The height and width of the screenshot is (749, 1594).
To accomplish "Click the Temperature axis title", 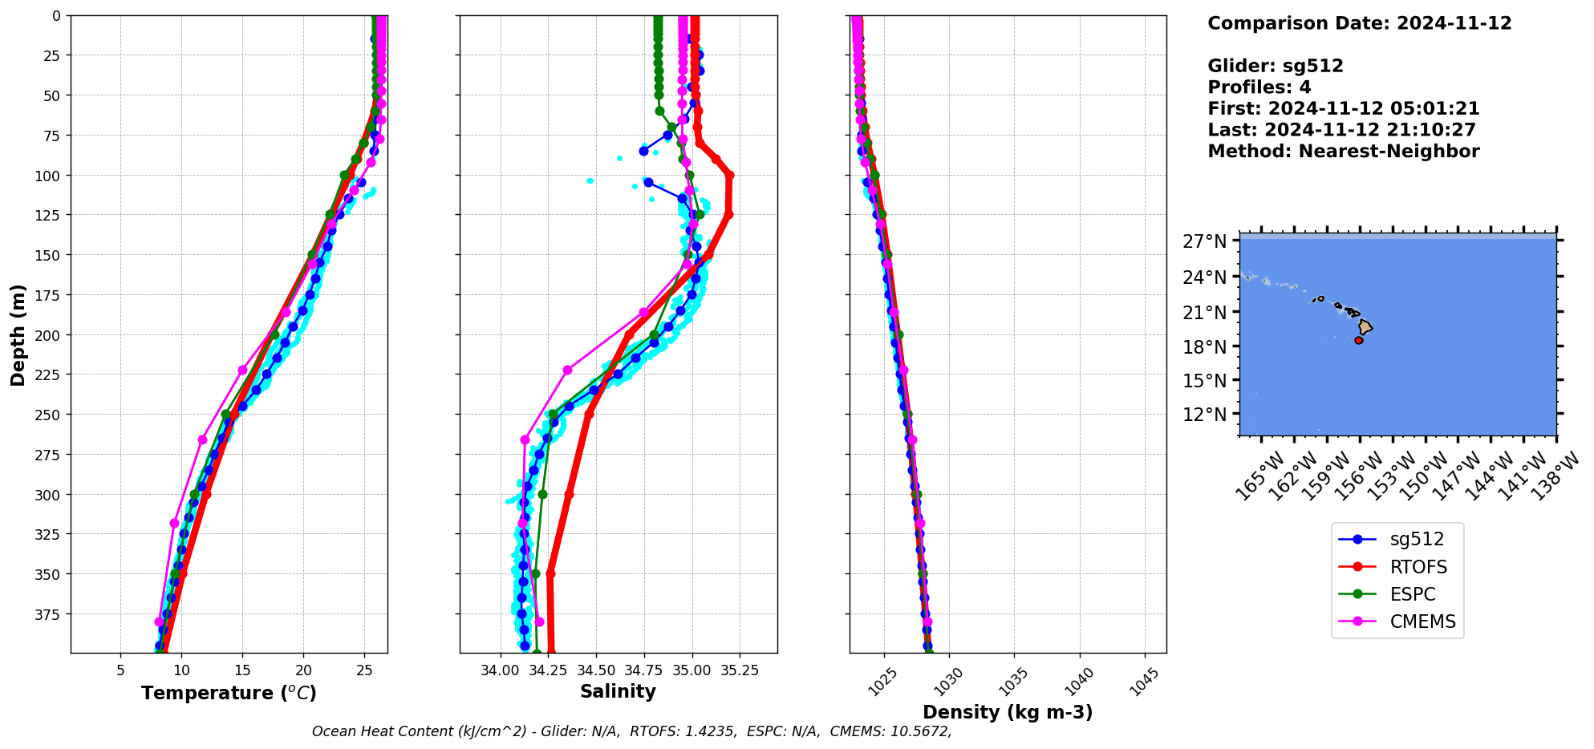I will click(x=229, y=693).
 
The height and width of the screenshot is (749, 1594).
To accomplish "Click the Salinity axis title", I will click(x=618, y=691).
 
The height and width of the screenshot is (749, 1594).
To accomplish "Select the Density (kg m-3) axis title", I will click(x=1008, y=712).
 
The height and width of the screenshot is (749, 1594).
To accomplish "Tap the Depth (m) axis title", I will click(x=18, y=334).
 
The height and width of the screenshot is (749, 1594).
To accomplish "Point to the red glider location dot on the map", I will click(x=1359, y=340).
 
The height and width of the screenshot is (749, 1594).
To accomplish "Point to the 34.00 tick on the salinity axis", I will click(x=501, y=670).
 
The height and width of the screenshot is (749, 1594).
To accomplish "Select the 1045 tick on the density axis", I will click(x=1144, y=682).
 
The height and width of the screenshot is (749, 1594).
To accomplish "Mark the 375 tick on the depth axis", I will click(x=50, y=614).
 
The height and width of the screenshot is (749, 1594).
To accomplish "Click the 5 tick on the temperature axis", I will click(x=120, y=670).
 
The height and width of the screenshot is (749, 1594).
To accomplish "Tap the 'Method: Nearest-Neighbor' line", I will click(x=1343, y=151).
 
